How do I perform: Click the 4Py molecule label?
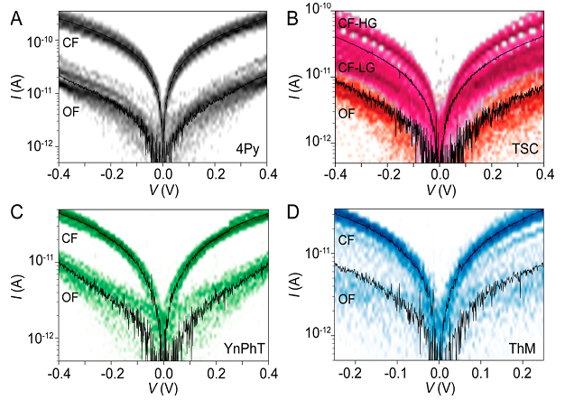[x=246, y=149]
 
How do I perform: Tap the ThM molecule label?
[x=521, y=347]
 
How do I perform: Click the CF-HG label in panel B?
[x=359, y=25]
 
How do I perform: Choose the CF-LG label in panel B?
[x=358, y=67]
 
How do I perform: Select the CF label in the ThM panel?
[x=347, y=239]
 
